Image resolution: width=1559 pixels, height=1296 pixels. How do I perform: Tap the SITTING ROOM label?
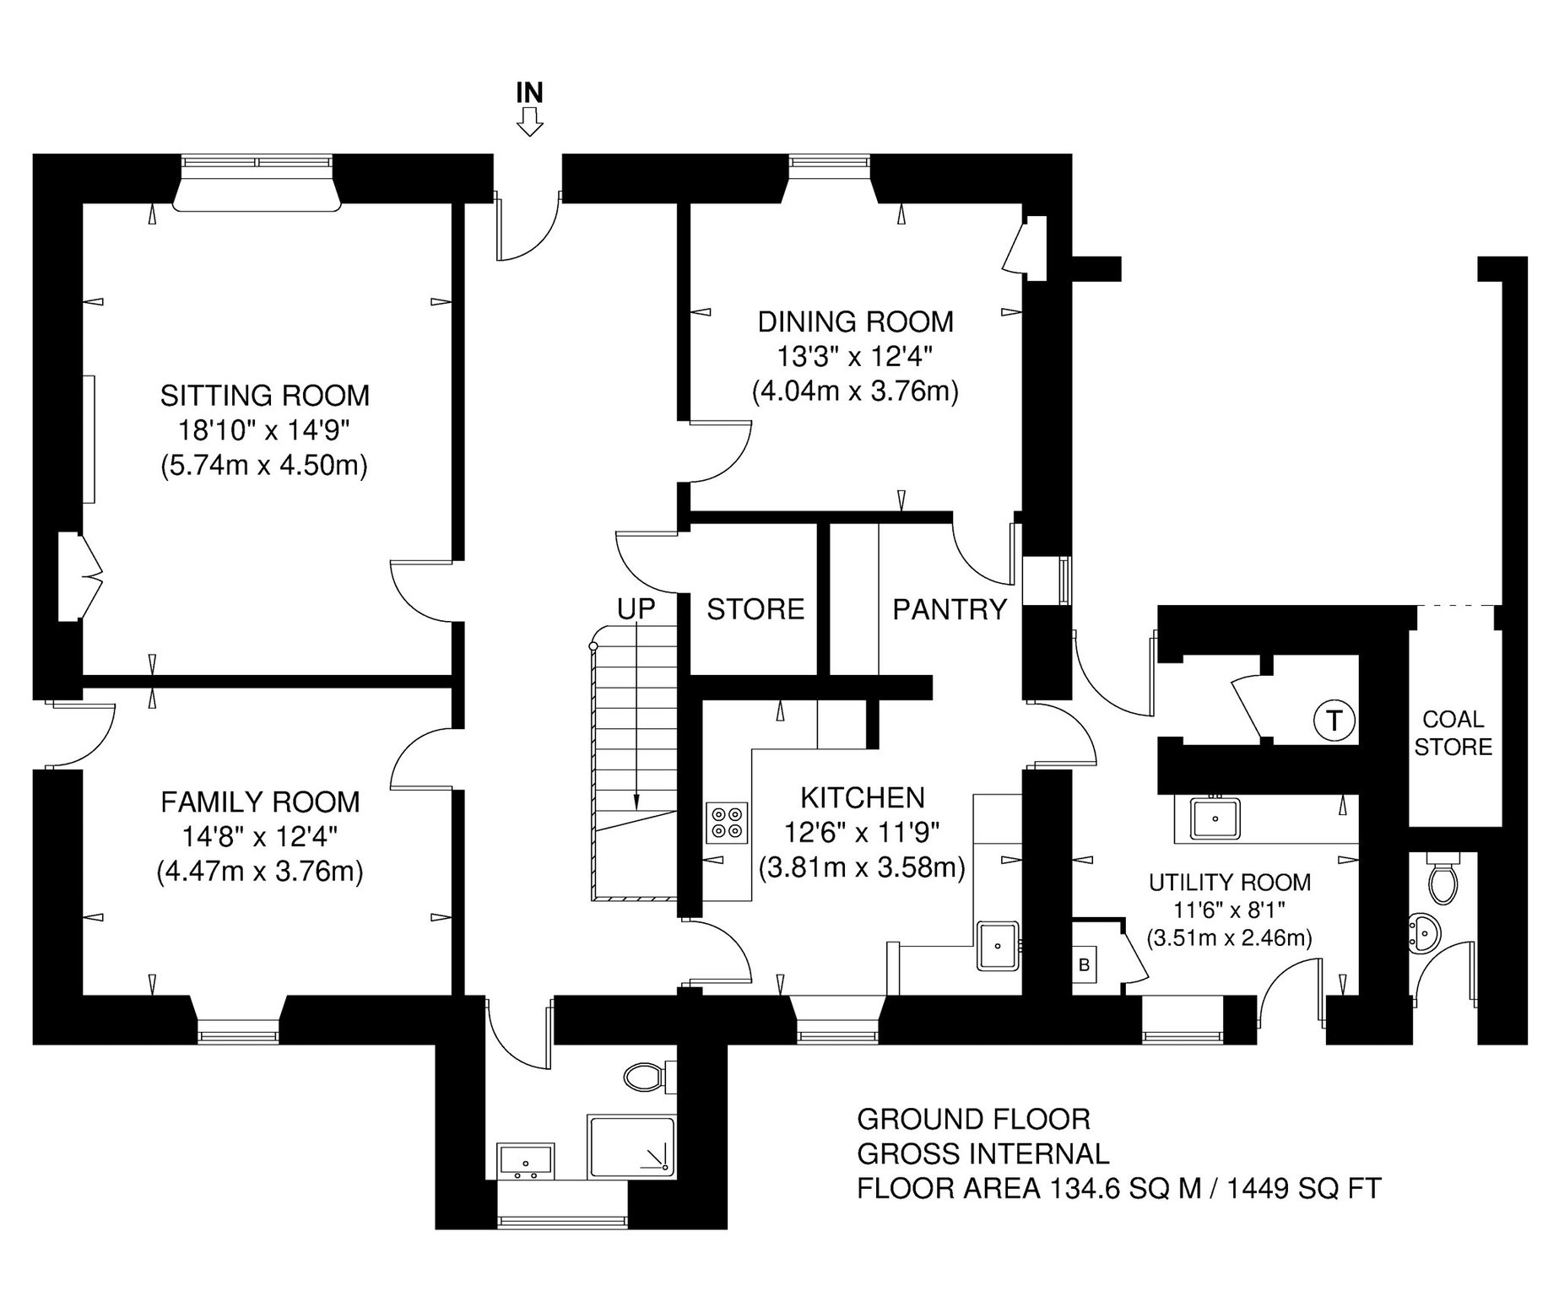point(265,395)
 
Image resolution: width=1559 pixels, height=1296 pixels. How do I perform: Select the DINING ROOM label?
point(855,321)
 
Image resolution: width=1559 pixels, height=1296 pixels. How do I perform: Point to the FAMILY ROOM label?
point(260,802)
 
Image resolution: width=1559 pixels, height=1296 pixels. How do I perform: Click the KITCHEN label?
point(862,797)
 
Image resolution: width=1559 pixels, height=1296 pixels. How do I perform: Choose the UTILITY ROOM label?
point(1230,883)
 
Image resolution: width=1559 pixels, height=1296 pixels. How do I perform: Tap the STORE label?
point(755,609)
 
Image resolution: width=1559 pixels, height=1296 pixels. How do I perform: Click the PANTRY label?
point(950,609)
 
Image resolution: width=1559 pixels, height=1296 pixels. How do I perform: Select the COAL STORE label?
point(1453,733)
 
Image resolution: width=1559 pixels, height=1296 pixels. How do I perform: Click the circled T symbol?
point(1334,721)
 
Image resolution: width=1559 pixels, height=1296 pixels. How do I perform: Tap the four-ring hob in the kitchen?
point(728,823)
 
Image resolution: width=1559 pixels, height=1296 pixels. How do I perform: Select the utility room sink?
point(1215,818)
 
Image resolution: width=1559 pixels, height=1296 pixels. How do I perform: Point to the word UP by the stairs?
point(636,609)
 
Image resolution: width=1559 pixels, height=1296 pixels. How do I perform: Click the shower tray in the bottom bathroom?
point(631,1147)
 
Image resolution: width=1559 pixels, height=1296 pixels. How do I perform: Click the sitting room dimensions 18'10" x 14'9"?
point(263,430)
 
